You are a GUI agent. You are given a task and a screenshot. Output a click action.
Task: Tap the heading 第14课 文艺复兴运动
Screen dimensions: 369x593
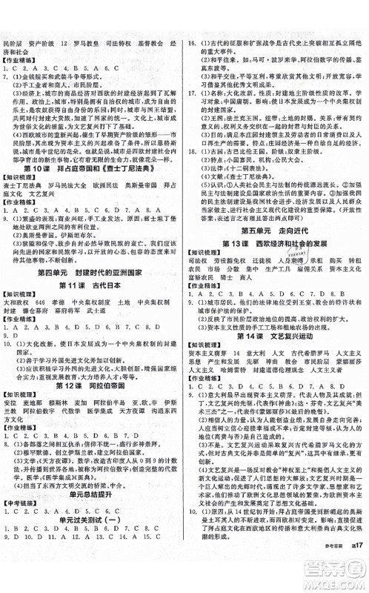tap(276, 336)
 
